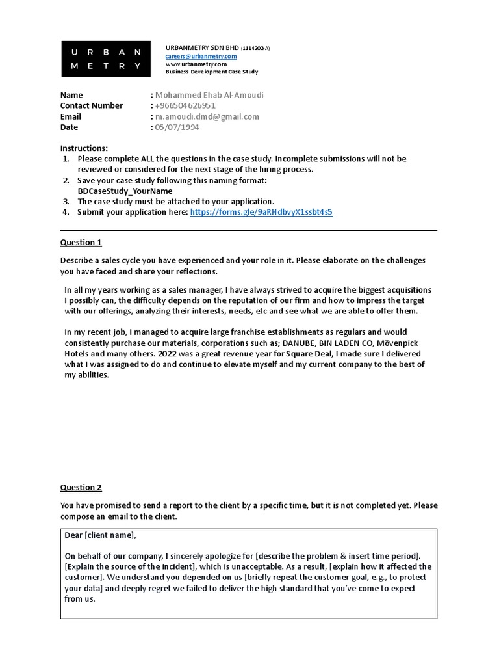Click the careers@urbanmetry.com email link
(x=201, y=57)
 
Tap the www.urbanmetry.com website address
(x=196, y=64)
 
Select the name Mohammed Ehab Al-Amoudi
(x=209, y=95)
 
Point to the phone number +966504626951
(x=185, y=105)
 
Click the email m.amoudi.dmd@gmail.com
(x=207, y=116)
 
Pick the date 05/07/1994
(x=177, y=127)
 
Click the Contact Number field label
(x=92, y=105)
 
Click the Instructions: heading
(x=84, y=148)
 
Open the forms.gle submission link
(x=261, y=212)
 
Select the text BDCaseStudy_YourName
(x=125, y=191)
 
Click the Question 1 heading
(x=81, y=243)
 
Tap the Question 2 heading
(x=81, y=487)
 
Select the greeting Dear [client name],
(x=101, y=535)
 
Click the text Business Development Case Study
(x=212, y=72)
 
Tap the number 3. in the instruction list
(x=66, y=202)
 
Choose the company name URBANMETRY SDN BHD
(x=203, y=48)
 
